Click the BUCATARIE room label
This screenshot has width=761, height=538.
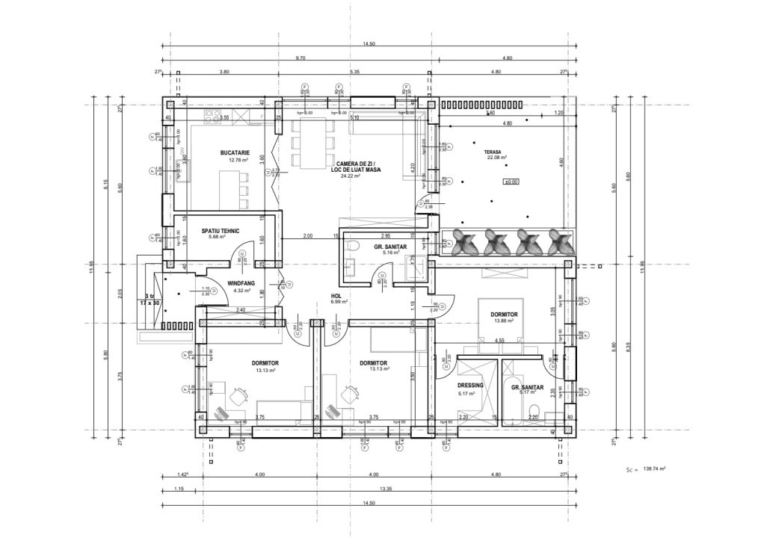coord(234,152)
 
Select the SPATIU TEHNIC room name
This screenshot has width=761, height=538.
coord(221,231)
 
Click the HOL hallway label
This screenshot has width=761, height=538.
coord(336,295)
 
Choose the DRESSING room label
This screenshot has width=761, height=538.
coord(470,386)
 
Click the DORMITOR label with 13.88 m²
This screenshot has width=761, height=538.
coord(504,315)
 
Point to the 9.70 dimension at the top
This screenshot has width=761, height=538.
coord(300,58)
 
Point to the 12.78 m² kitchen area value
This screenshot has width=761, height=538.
coord(238,160)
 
